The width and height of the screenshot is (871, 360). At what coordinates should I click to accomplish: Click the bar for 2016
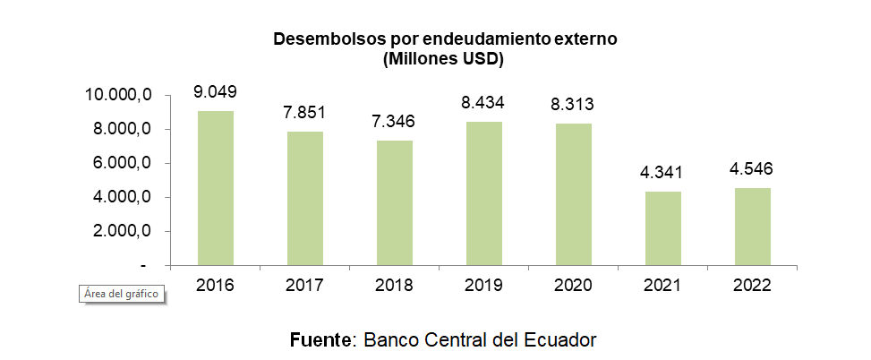click(x=215, y=188)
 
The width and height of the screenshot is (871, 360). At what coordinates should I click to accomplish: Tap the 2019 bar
click(x=483, y=193)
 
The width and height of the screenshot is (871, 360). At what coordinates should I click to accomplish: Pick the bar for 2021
click(x=662, y=228)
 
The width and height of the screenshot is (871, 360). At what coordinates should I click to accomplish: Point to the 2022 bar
click(x=752, y=227)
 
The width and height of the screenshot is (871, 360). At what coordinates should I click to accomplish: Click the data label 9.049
click(x=215, y=91)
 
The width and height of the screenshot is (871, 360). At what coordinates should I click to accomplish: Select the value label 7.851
click(x=304, y=113)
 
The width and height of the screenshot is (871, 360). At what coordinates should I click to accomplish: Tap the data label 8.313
click(x=573, y=105)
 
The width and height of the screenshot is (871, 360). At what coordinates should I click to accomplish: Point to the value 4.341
click(x=662, y=173)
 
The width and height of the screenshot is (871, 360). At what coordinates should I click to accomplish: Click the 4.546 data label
click(x=752, y=169)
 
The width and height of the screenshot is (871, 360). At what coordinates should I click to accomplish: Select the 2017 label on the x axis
click(x=304, y=287)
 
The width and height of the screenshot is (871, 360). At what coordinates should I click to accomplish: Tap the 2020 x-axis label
click(x=573, y=287)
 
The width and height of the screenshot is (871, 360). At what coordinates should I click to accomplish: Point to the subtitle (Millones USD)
click(x=443, y=60)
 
